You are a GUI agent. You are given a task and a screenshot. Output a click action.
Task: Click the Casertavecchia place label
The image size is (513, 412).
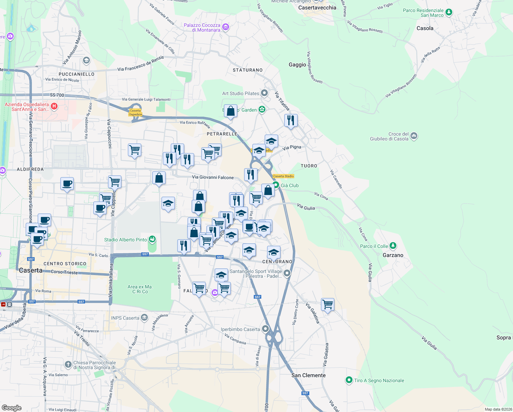(x=317, y=8)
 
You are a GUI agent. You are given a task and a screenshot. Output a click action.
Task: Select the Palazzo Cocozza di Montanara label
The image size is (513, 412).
(x=202, y=27)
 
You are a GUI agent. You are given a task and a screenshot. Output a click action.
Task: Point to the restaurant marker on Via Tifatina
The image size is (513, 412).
(x=291, y=121)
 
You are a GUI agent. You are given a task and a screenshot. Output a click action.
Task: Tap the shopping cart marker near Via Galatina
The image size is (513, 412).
(x=327, y=305)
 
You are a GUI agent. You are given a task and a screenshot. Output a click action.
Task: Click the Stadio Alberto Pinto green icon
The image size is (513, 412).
(x=152, y=239)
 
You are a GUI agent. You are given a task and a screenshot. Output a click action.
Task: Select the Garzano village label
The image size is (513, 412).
(x=393, y=255)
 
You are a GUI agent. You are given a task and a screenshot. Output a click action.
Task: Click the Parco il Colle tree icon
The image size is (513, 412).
(x=393, y=246)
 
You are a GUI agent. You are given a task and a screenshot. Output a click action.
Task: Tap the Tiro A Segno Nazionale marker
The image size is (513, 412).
(x=349, y=380)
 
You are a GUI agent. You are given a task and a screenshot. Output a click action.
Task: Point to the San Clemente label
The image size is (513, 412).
(x=308, y=375)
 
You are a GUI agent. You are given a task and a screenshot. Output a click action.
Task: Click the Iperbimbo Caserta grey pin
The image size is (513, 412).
(x=265, y=329)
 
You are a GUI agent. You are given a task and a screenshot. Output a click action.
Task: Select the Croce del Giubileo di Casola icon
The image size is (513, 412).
(x=414, y=136)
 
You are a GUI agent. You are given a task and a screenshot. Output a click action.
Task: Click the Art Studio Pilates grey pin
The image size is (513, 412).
(x=264, y=93)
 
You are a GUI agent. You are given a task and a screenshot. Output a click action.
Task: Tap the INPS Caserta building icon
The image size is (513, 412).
(x=144, y=318)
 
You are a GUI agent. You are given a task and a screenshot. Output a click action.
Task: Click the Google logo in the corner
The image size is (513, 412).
(x=12, y=408)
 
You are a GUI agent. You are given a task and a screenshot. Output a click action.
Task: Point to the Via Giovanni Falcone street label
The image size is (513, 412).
(x=213, y=177)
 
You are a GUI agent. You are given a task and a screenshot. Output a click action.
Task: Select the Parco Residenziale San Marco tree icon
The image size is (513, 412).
(x=448, y=13)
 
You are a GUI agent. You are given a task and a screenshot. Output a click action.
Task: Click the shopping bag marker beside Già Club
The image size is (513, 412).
(x=268, y=190)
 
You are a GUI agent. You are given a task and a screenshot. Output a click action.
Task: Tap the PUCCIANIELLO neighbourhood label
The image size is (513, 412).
(x=76, y=74)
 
